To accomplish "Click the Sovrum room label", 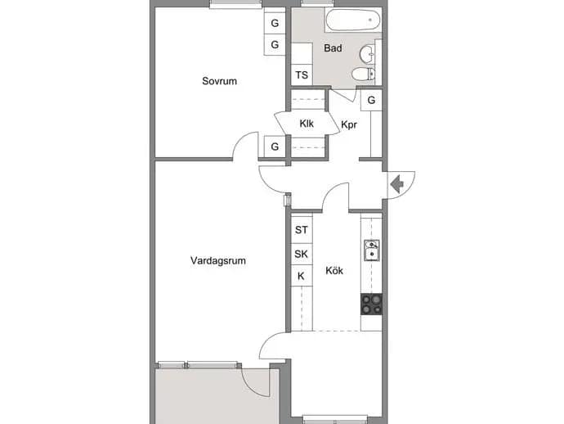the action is click(x=219, y=81).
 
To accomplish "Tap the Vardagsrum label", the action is click(x=218, y=260).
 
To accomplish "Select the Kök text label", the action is click(x=334, y=270).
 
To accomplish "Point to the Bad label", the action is click(x=333, y=48).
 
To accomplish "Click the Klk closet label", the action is click(x=307, y=124).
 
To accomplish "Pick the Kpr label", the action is click(x=349, y=124).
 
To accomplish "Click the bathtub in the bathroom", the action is click(x=353, y=20).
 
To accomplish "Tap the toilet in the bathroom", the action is click(x=363, y=74).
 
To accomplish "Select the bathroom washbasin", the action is click(x=367, y=55).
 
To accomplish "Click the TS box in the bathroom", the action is click(x=302, y=75).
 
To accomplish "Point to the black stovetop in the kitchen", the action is click(x=372, y=304).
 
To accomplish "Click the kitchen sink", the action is click(x=372, y=250).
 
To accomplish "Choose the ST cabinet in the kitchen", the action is click(x=302, y=229).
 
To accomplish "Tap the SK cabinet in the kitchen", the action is click(x=302, y=254).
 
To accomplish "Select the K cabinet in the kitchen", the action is click(x=302, y=276).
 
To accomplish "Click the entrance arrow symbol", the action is click(x=396, y=184).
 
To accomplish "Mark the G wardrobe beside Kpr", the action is click(x=372, y=100).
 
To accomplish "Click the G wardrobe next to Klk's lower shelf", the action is click(x=275, y=147).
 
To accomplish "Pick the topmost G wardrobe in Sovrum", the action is click(x=275, y=23).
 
